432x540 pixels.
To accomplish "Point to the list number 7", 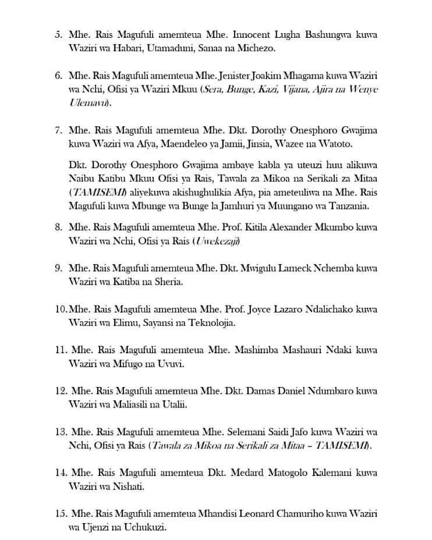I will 58,130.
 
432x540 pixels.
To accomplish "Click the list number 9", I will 58,268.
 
